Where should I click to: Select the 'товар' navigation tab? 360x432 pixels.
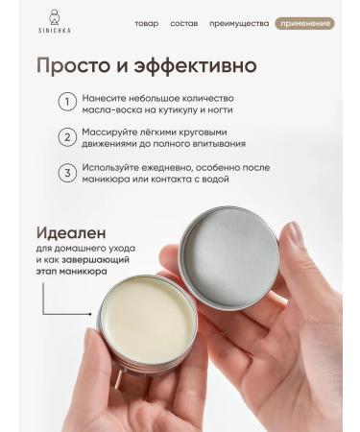(146, 23)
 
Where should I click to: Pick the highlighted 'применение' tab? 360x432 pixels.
(303, 23)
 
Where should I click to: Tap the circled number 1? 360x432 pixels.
(67, 103)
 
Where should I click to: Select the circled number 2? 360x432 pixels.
(67, 137)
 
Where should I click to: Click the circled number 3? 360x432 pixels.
(67, 173)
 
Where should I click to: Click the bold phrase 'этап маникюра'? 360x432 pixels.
(73, 272)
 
